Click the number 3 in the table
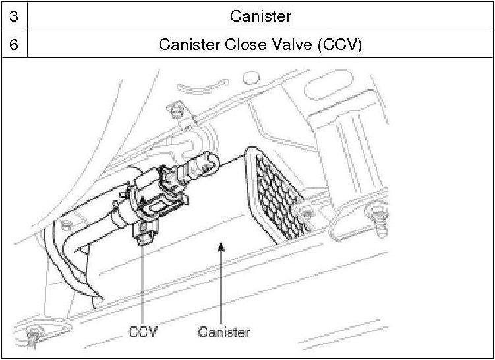(x=13, y=15)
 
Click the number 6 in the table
(x=13, y=45)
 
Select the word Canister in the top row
(x=260, y=15)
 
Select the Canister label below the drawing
(x=224, y=331)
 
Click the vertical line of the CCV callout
(x=143, y=284)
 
